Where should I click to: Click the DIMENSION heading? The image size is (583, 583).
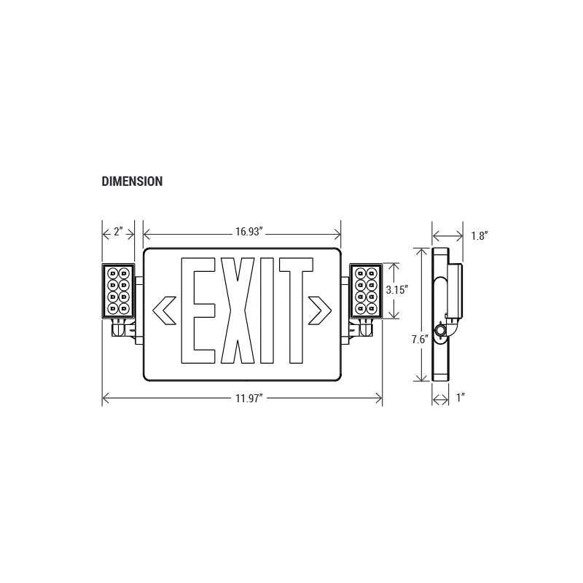[132, 181]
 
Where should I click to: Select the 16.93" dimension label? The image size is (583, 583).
[249, 232]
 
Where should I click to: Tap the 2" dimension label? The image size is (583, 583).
[117, 232]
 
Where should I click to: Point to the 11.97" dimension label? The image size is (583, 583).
[249, 397]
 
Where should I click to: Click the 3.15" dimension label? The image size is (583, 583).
[396, 289]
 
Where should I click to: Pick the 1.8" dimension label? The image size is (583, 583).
[479, 235]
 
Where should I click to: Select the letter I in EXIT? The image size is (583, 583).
[266, 310]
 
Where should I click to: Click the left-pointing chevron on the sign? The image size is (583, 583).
[163, 310]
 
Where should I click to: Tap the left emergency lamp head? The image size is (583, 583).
[117, 290]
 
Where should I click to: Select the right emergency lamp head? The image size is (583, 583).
[366, 290]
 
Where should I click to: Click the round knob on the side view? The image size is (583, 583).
[440, 331]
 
